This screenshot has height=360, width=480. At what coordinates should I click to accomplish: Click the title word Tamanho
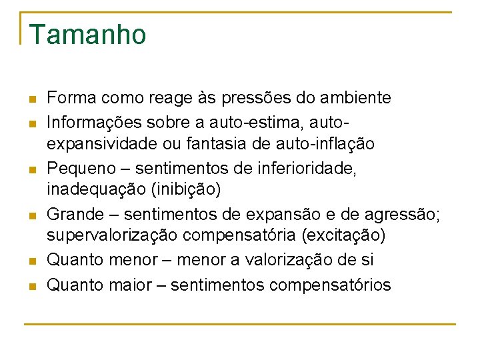tap(87, 35)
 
